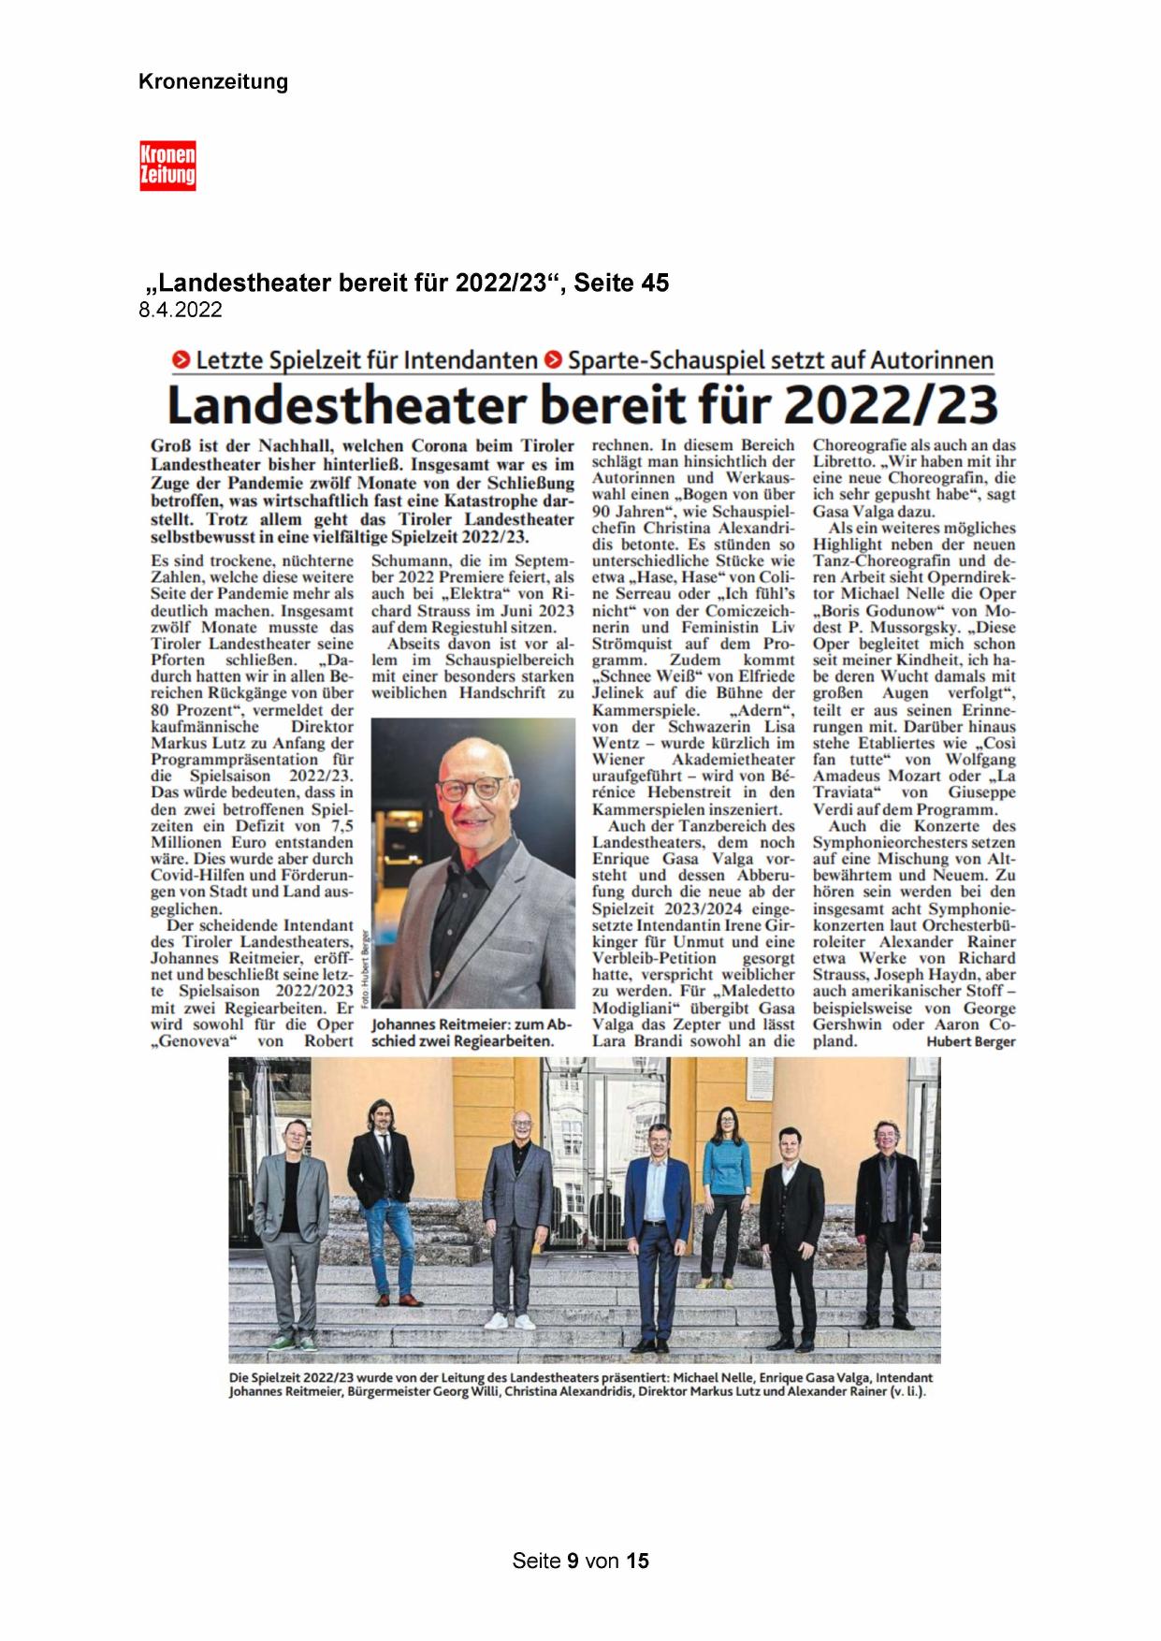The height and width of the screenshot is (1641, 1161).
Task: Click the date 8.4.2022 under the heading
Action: tap(181, 311)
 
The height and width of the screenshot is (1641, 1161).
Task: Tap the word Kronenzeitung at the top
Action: tap(213, 82)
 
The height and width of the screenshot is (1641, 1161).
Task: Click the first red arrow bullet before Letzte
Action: tap(179, 359)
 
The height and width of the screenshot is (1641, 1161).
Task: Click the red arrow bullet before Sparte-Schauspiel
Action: tap(554, 359)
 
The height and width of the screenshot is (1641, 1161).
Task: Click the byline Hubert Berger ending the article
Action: tap(971, 1041)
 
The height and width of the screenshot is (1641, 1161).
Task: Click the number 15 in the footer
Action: tap(638, 1561)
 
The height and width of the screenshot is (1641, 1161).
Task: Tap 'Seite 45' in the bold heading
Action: tap(622, 283)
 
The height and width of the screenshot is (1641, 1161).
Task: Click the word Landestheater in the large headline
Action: tap(342, 405)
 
